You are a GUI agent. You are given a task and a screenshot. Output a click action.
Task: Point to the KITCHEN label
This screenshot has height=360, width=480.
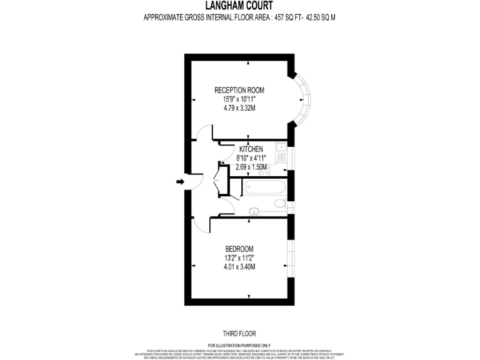coord(252,149)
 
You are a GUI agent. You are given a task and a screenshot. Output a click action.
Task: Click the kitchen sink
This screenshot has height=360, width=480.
coord(282,148)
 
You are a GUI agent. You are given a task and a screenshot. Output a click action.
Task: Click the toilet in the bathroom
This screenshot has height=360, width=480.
coord(281,204)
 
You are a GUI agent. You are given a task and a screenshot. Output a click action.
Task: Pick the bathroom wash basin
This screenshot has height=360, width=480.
coord(254,211)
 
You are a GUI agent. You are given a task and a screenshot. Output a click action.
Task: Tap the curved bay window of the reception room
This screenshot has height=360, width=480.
coord(304,99)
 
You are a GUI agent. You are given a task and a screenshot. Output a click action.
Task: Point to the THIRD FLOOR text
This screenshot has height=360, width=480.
coord(239,334)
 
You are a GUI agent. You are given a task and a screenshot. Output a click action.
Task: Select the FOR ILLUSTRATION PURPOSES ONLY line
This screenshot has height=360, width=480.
coord(239,346)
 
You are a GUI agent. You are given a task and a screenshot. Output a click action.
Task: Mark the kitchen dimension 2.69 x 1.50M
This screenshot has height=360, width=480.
coord(252,167)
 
